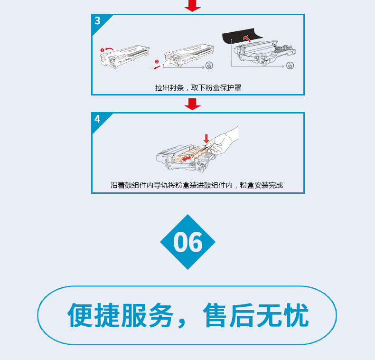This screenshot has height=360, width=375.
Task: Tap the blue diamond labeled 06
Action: (188, 242)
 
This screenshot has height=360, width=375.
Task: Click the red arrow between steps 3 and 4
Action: (193, 104)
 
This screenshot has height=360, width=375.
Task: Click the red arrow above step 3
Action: (193, 6)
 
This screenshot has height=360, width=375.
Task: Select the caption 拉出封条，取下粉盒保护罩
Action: (198, 88)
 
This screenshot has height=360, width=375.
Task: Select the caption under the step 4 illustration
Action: (197, 185)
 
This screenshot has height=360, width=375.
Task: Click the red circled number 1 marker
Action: (102, 50)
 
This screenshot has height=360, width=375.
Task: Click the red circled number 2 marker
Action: (157, 62)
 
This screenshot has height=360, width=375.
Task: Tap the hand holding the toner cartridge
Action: (223, 141)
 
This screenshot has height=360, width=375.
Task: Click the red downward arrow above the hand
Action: (206, 139)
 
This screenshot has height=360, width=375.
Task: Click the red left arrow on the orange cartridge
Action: (187, 159)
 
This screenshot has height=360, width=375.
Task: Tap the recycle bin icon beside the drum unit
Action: (290, 66)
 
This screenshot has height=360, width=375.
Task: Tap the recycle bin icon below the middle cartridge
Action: (209, 66)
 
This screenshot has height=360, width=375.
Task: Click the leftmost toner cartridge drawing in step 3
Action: (124, 57)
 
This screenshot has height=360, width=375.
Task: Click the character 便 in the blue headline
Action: (80, 315)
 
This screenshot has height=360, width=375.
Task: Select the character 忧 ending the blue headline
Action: (296, 315)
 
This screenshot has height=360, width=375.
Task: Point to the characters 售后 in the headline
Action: (229, 315)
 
